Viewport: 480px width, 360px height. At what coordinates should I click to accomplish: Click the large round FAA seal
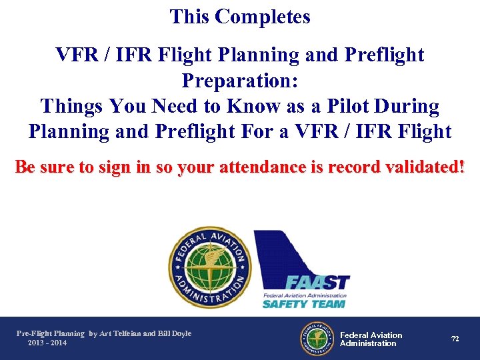click(209, 267)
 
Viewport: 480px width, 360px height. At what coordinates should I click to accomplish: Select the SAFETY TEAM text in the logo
click(303, 304)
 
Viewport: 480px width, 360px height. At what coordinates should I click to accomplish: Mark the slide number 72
click(455, 339)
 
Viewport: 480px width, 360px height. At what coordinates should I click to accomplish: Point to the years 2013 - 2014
click(47, 343)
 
